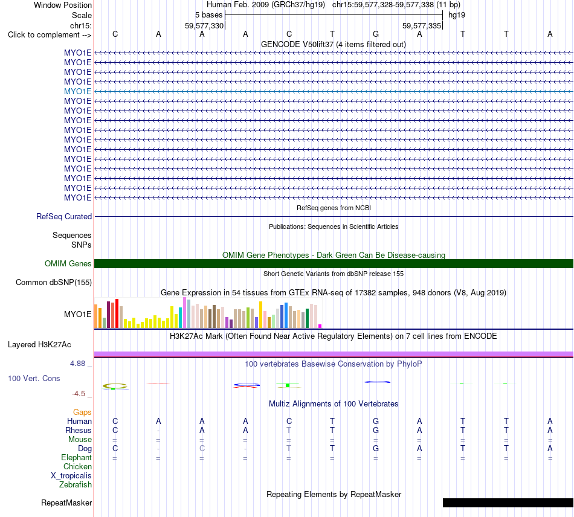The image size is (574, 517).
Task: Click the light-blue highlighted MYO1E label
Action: coord(77,91)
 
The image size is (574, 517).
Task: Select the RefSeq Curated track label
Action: coord(64,217)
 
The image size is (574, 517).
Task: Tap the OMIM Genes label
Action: coord(68,263)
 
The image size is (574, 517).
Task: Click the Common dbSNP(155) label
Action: coord(54,283)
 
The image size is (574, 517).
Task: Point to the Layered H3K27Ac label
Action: coord(39,345)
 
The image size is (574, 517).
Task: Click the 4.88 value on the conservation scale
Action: coord(77,364)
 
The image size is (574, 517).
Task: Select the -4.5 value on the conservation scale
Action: coord(79,394)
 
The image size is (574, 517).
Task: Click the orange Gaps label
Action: coord(82,413)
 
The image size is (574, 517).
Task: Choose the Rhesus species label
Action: coord(79,430)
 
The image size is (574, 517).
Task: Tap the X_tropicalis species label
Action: coord(71,476)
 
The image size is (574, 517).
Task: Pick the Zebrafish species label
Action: coord(76,485)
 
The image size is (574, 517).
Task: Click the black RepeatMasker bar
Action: coord(508,503)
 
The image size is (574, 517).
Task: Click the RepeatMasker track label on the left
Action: coord(66,503)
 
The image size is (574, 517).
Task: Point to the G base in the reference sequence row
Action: coord(376,34)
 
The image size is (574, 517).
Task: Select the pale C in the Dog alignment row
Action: coord(202,448)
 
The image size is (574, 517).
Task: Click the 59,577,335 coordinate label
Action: coord(422,25)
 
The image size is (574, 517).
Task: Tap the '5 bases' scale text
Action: coord(208,15)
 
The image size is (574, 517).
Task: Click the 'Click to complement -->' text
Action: coord(50,35)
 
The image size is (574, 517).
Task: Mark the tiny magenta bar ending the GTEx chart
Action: coord(320,326)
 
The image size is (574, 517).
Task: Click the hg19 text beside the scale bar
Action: coord(457,15)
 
